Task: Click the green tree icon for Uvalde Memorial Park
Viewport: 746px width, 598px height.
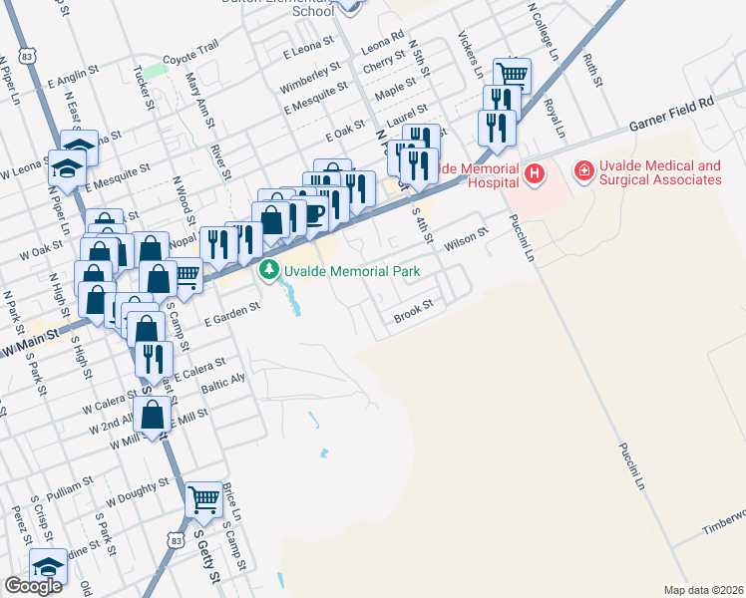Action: (269, 270)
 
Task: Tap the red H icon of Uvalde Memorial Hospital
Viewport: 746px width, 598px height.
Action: (535, 174)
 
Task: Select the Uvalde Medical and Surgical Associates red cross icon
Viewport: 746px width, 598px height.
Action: (582, 173)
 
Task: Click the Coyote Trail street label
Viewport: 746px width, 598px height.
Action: (189, 59)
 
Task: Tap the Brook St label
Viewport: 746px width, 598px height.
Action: (414, 314)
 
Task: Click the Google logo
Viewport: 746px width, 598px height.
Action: (33, 586)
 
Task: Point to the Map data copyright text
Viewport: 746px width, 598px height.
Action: (704, 590)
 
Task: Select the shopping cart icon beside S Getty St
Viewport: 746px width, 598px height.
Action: (204, 497)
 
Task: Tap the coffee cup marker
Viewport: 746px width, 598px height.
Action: (314, 212)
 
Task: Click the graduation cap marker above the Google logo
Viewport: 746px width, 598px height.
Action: (47, 565)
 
